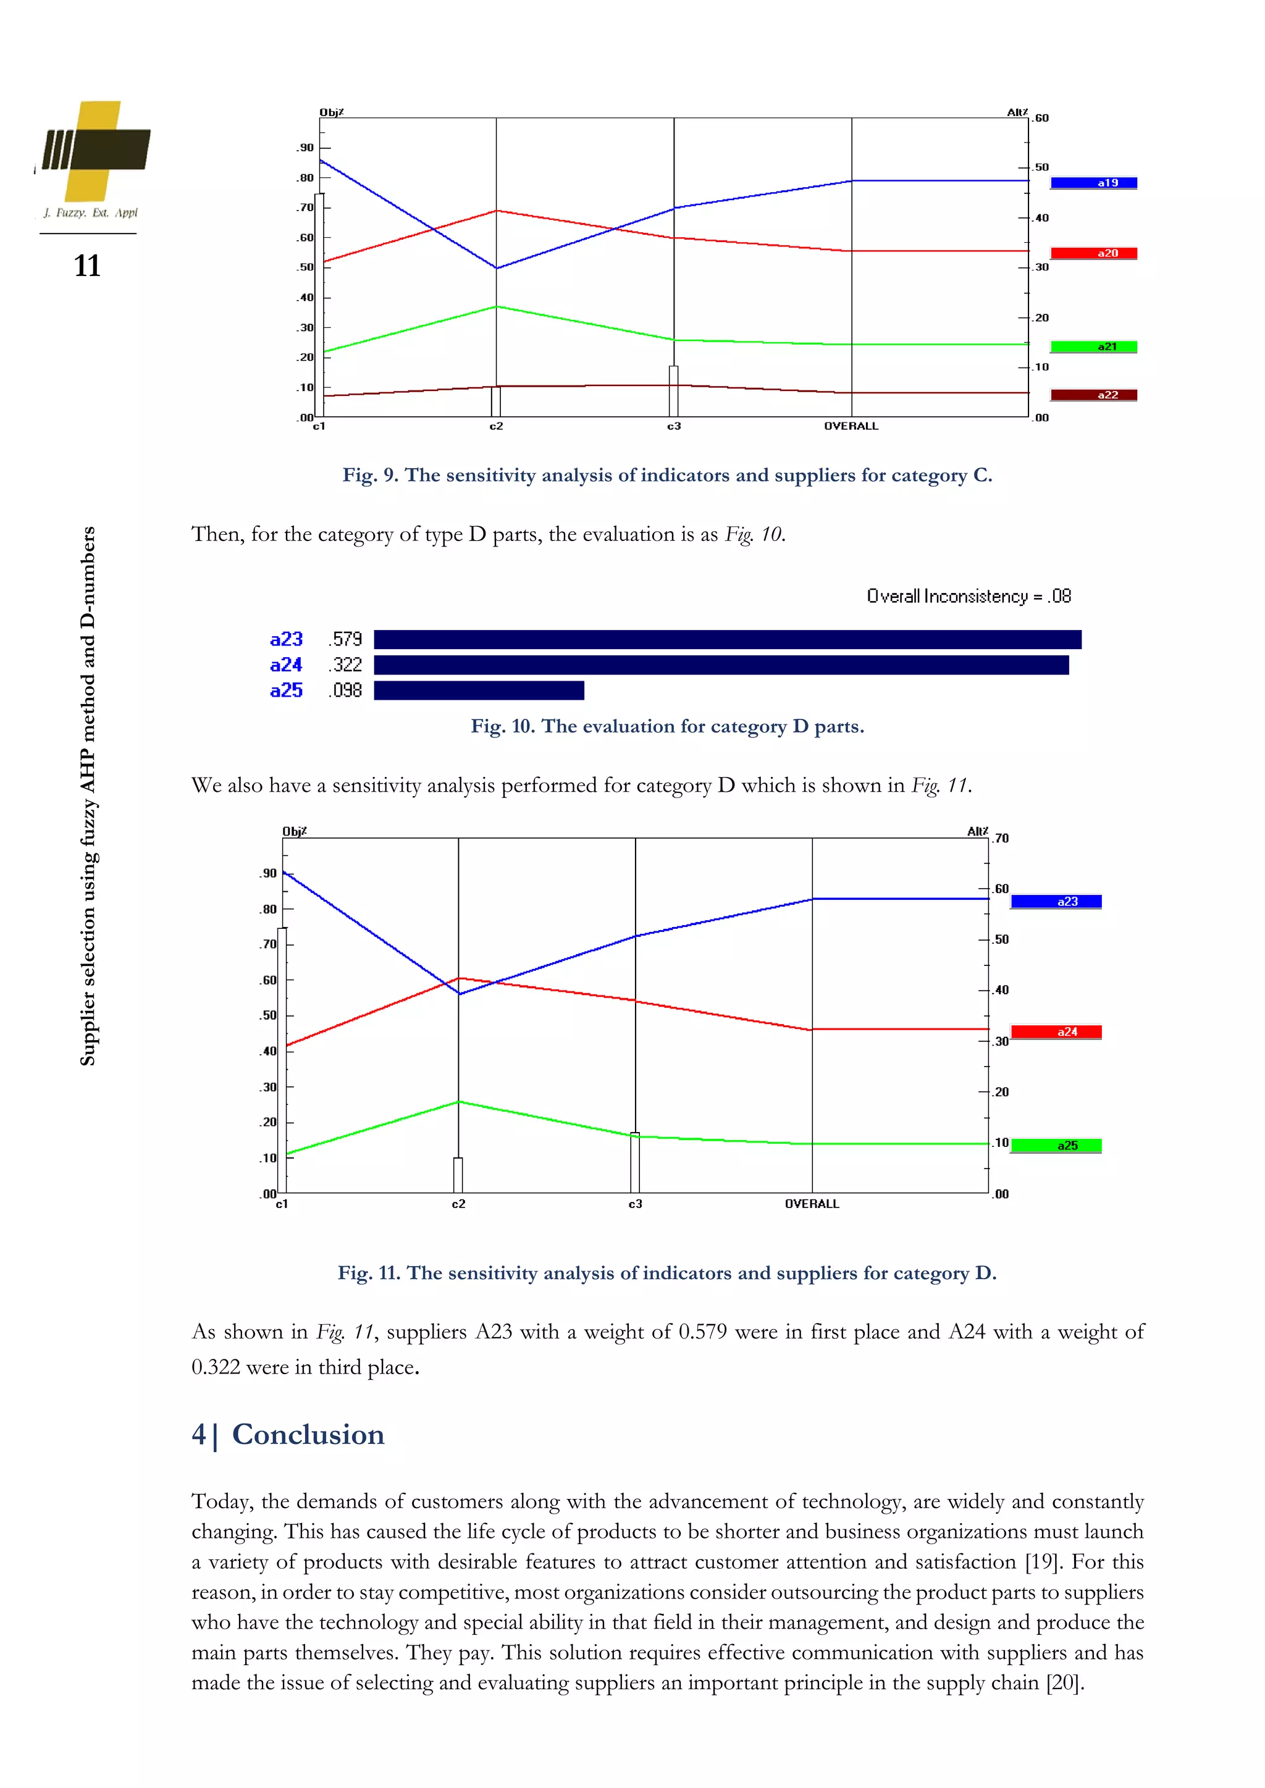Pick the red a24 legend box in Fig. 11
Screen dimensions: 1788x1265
click(x=1056, y=1032)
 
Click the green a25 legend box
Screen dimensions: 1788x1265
click(x=1056, y=1146)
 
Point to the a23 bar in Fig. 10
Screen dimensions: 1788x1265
click(x=727, y=639)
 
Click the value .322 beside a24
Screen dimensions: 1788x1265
click(x=346, y=665)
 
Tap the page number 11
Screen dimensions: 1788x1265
click(x=87, y=266)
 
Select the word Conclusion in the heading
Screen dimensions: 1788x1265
click(x=308, y=1435)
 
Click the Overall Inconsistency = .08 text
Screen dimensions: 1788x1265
click(x=969, y=597)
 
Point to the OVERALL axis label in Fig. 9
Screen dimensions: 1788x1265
click(x=851, y=427)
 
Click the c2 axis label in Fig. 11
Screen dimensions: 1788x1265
click(x=459, y=1204)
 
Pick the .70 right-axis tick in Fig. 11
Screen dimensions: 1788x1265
click(x=1001, y=839)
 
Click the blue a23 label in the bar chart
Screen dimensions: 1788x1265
click(x=286, y=639)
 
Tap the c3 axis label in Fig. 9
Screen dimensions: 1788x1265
click(x=674, y=427)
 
